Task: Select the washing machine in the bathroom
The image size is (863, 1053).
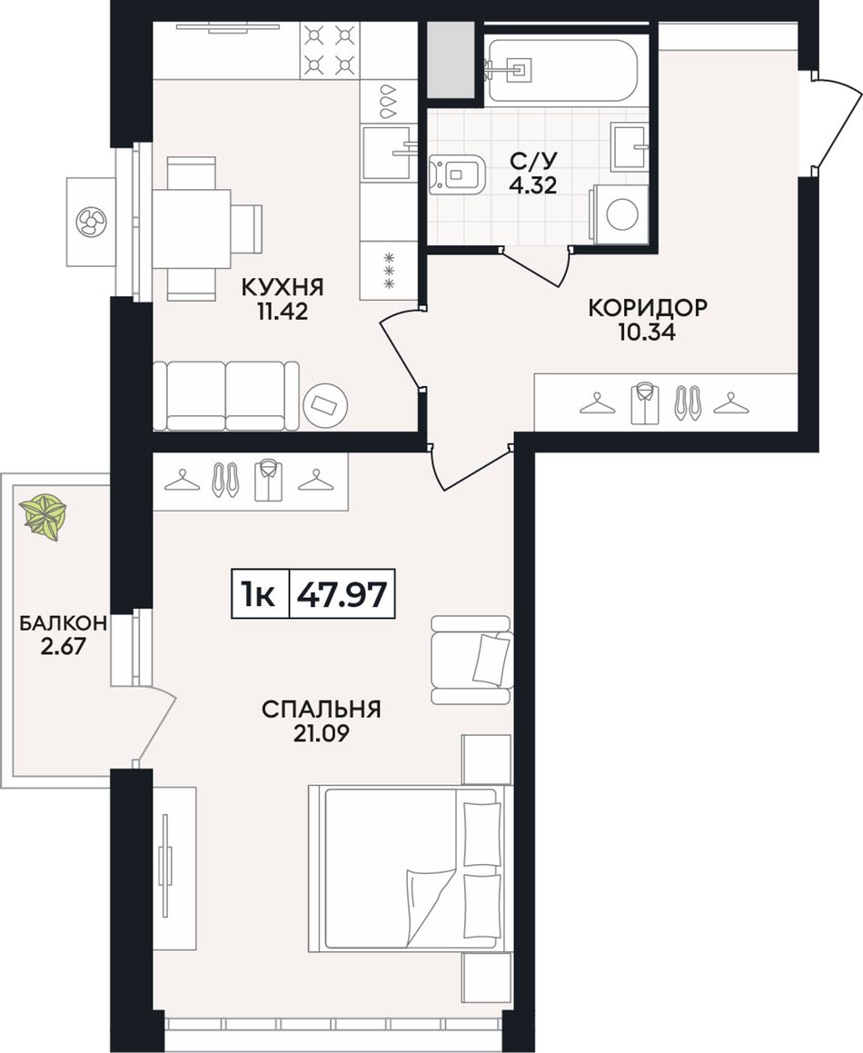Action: tap(619, 214)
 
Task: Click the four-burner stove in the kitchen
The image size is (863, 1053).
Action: tap(329, 49)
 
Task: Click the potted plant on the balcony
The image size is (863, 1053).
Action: tap(44, 516)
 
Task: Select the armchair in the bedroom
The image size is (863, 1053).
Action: tap(471, 660)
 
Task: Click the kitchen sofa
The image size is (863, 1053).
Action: tap(226, 395)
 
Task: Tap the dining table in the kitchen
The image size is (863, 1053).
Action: tap(192, 229)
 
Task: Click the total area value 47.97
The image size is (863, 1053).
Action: tap(342, 594)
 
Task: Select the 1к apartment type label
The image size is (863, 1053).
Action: tap(259, 594)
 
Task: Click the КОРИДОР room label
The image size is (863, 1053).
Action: tap(648, 308)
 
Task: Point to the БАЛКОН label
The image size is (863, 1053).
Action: tap(63, 623)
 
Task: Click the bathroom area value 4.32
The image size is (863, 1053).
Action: tap(532, 184)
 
